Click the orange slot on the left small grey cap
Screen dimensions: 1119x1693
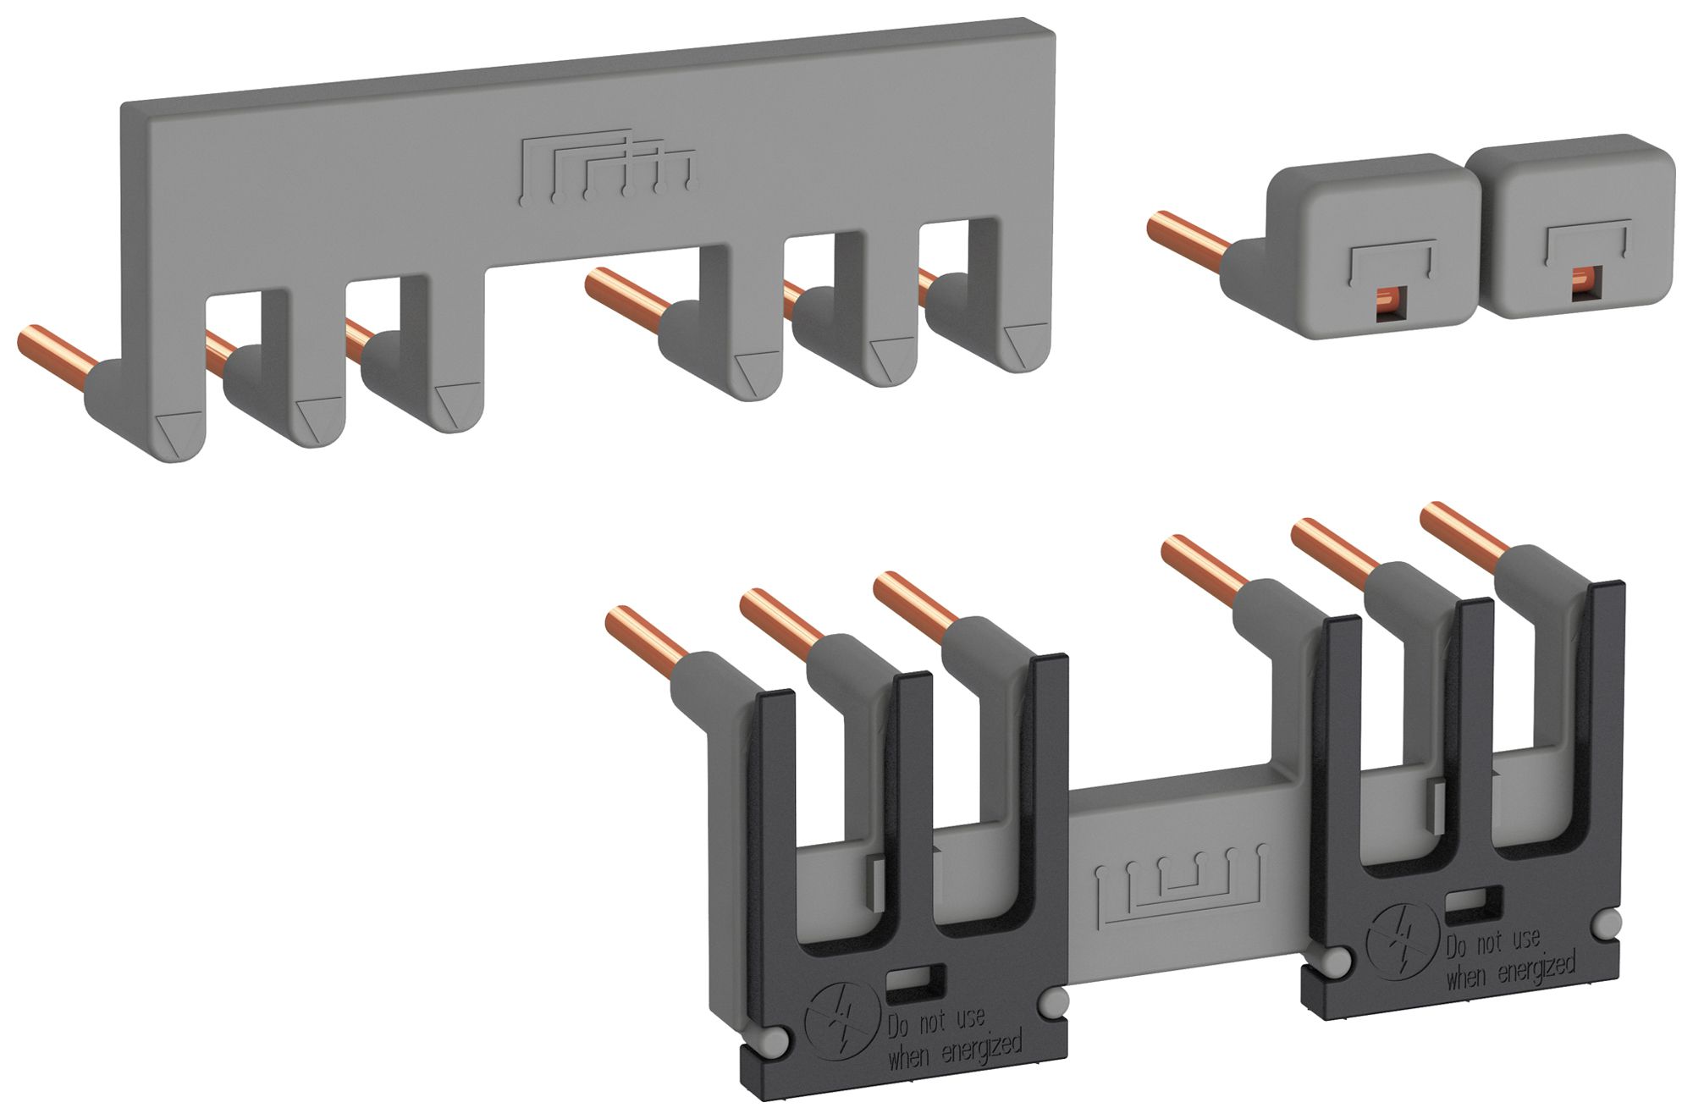pyautogui.click(x=1389, y=300)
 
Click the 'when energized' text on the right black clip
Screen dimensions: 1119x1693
pyautogui.click(x=1511, y=970)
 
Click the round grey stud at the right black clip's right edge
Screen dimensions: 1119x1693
pyautogui.click(x=1608, y=923)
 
